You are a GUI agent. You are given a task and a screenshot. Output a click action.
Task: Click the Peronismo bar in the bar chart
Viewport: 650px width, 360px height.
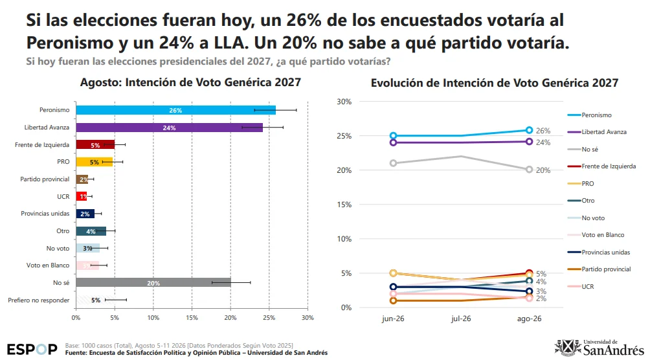click(x=175, y=110)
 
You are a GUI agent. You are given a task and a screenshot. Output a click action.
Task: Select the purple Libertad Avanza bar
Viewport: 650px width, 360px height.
click(x=169, y=128)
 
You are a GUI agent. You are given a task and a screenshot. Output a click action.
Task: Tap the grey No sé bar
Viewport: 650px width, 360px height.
click(x=153, y=282)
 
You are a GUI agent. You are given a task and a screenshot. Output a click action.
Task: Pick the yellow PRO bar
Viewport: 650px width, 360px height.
click(x=94, y=162)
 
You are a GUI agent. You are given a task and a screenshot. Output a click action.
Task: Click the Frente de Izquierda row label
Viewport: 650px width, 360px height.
click(x=42, y=145)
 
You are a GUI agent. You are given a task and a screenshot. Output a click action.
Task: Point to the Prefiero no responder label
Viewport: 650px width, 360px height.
click(x=39, y=300)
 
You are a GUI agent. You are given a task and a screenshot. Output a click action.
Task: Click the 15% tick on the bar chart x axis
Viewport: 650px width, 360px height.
click(x=192, y=318)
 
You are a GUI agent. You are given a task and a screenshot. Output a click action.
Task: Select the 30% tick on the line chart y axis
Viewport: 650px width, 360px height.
click(x=344, y=102)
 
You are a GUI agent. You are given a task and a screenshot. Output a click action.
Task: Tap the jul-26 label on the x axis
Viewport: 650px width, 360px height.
click(x=461, y=319)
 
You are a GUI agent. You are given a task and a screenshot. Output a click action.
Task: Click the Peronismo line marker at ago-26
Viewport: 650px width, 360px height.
click(x=529, y=130)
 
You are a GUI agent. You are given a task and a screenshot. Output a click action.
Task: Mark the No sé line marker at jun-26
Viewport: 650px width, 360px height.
click(x=393, y=163)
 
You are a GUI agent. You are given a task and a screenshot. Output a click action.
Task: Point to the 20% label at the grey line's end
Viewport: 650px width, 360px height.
click(x=543, y=170)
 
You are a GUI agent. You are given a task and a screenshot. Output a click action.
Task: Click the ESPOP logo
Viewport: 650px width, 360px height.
click(x=32, y=349)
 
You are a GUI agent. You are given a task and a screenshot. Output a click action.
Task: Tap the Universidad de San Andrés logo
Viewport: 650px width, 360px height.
click(x=600, y=348)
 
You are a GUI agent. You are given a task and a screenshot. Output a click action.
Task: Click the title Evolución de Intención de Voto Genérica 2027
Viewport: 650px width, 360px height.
click(x=495, y=83)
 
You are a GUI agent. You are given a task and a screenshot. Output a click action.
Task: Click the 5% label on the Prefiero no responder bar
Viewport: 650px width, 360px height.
click(x=96, y=300)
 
